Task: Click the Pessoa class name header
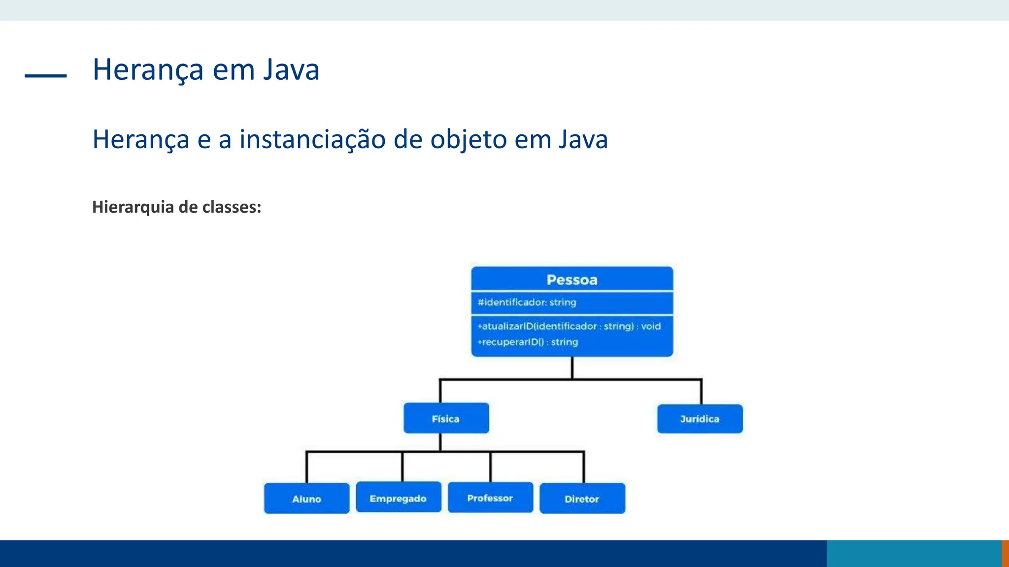572,280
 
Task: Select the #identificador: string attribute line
527,302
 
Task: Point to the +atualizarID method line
569,326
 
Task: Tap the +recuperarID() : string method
528,342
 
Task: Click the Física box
446,418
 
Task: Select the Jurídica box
700,419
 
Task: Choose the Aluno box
306,499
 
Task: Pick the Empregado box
398,498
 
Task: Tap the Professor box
490,498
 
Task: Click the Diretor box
582,499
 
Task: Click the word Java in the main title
291,69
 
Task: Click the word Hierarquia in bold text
133,207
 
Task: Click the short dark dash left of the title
45,76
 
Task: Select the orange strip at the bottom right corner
1006,554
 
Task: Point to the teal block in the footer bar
914,554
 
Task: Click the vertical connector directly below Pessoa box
572,367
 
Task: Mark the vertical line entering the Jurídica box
701,392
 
